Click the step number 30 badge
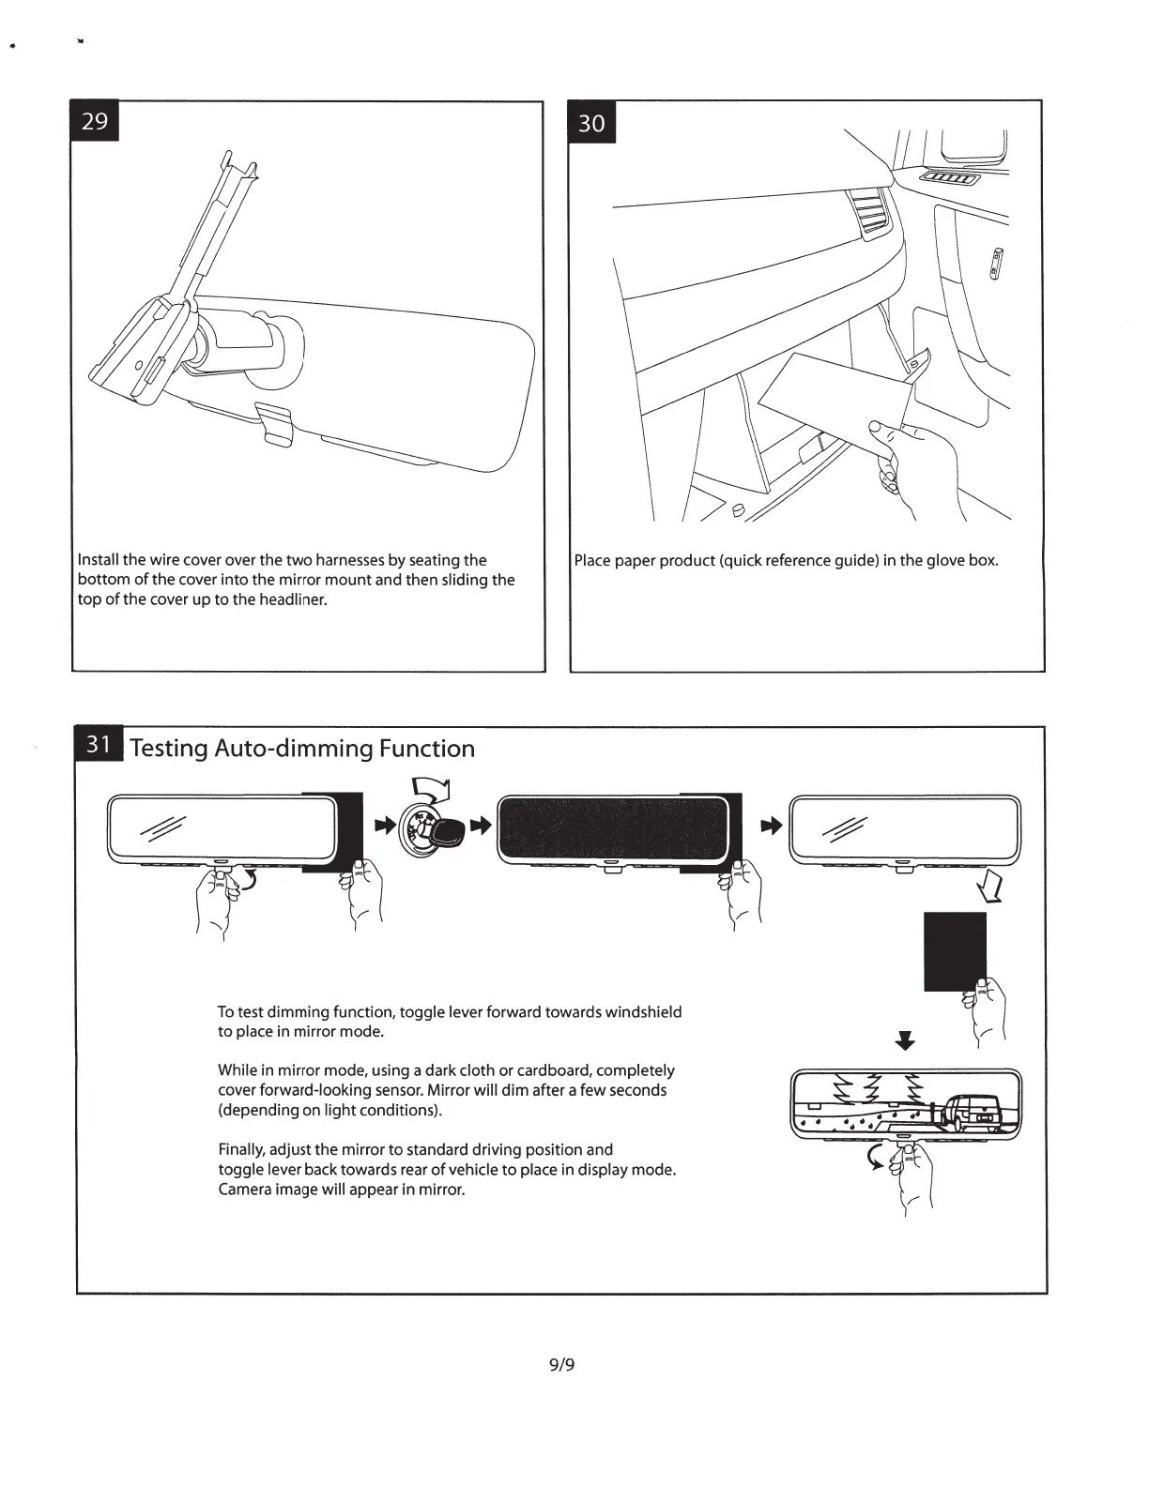592,123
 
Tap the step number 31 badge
99,745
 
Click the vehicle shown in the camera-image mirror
969,1113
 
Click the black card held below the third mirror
955,949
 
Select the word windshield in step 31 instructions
643,1012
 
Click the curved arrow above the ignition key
433,793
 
